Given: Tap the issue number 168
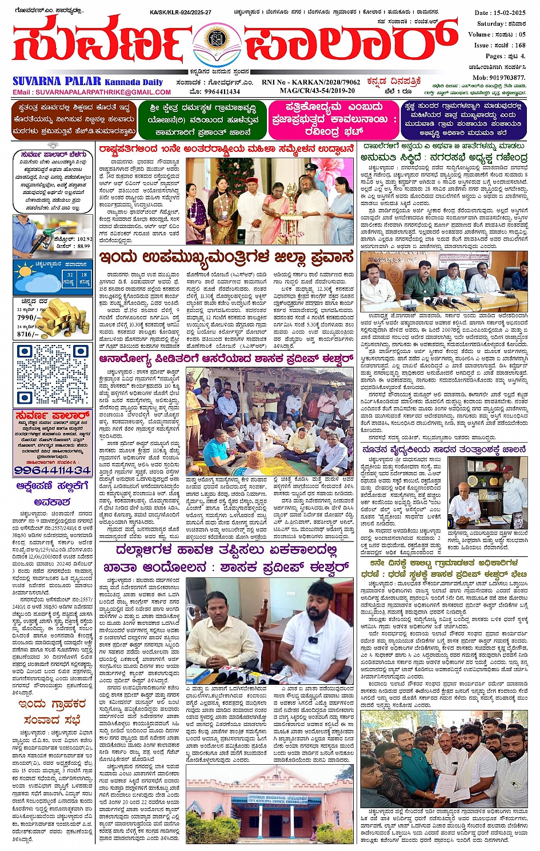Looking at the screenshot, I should click(x=520, y=45).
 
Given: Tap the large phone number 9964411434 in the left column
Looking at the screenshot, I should click(x=53, y=470).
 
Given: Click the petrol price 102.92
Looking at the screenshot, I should click(x=81, y=239).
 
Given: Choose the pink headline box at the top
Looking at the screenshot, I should click(x=334, y=120).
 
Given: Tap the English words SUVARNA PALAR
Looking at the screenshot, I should click(x=57, y=82).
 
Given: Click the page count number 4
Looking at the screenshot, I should click(x=522, y=56).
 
